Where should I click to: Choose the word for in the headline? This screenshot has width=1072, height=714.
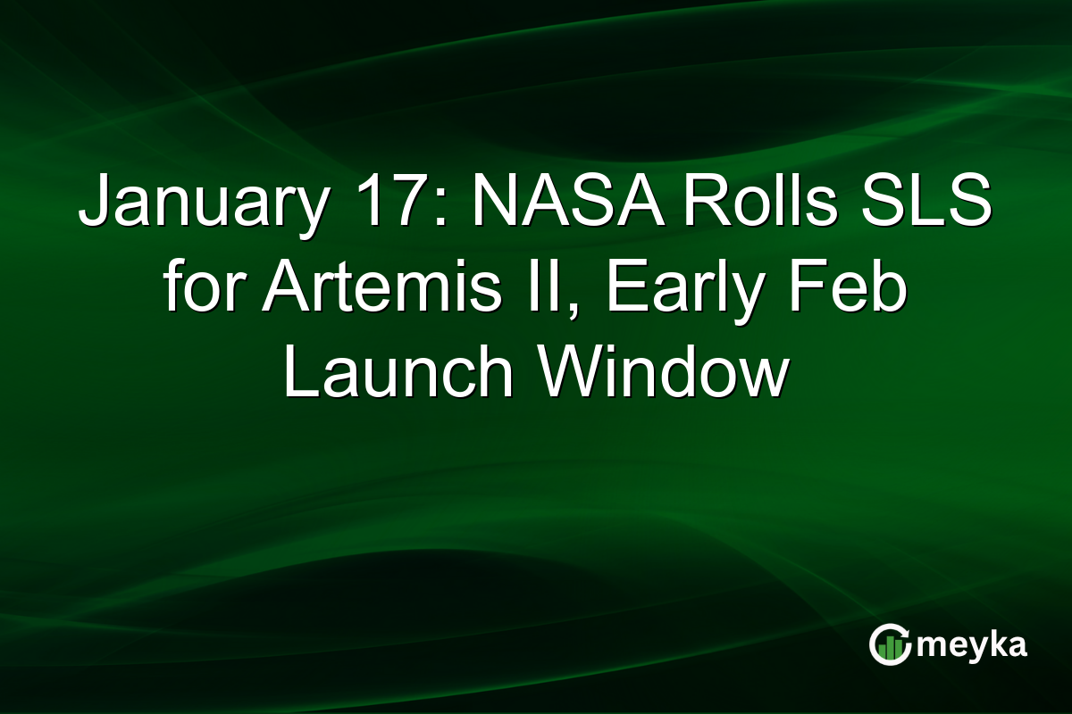coord(203,290)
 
